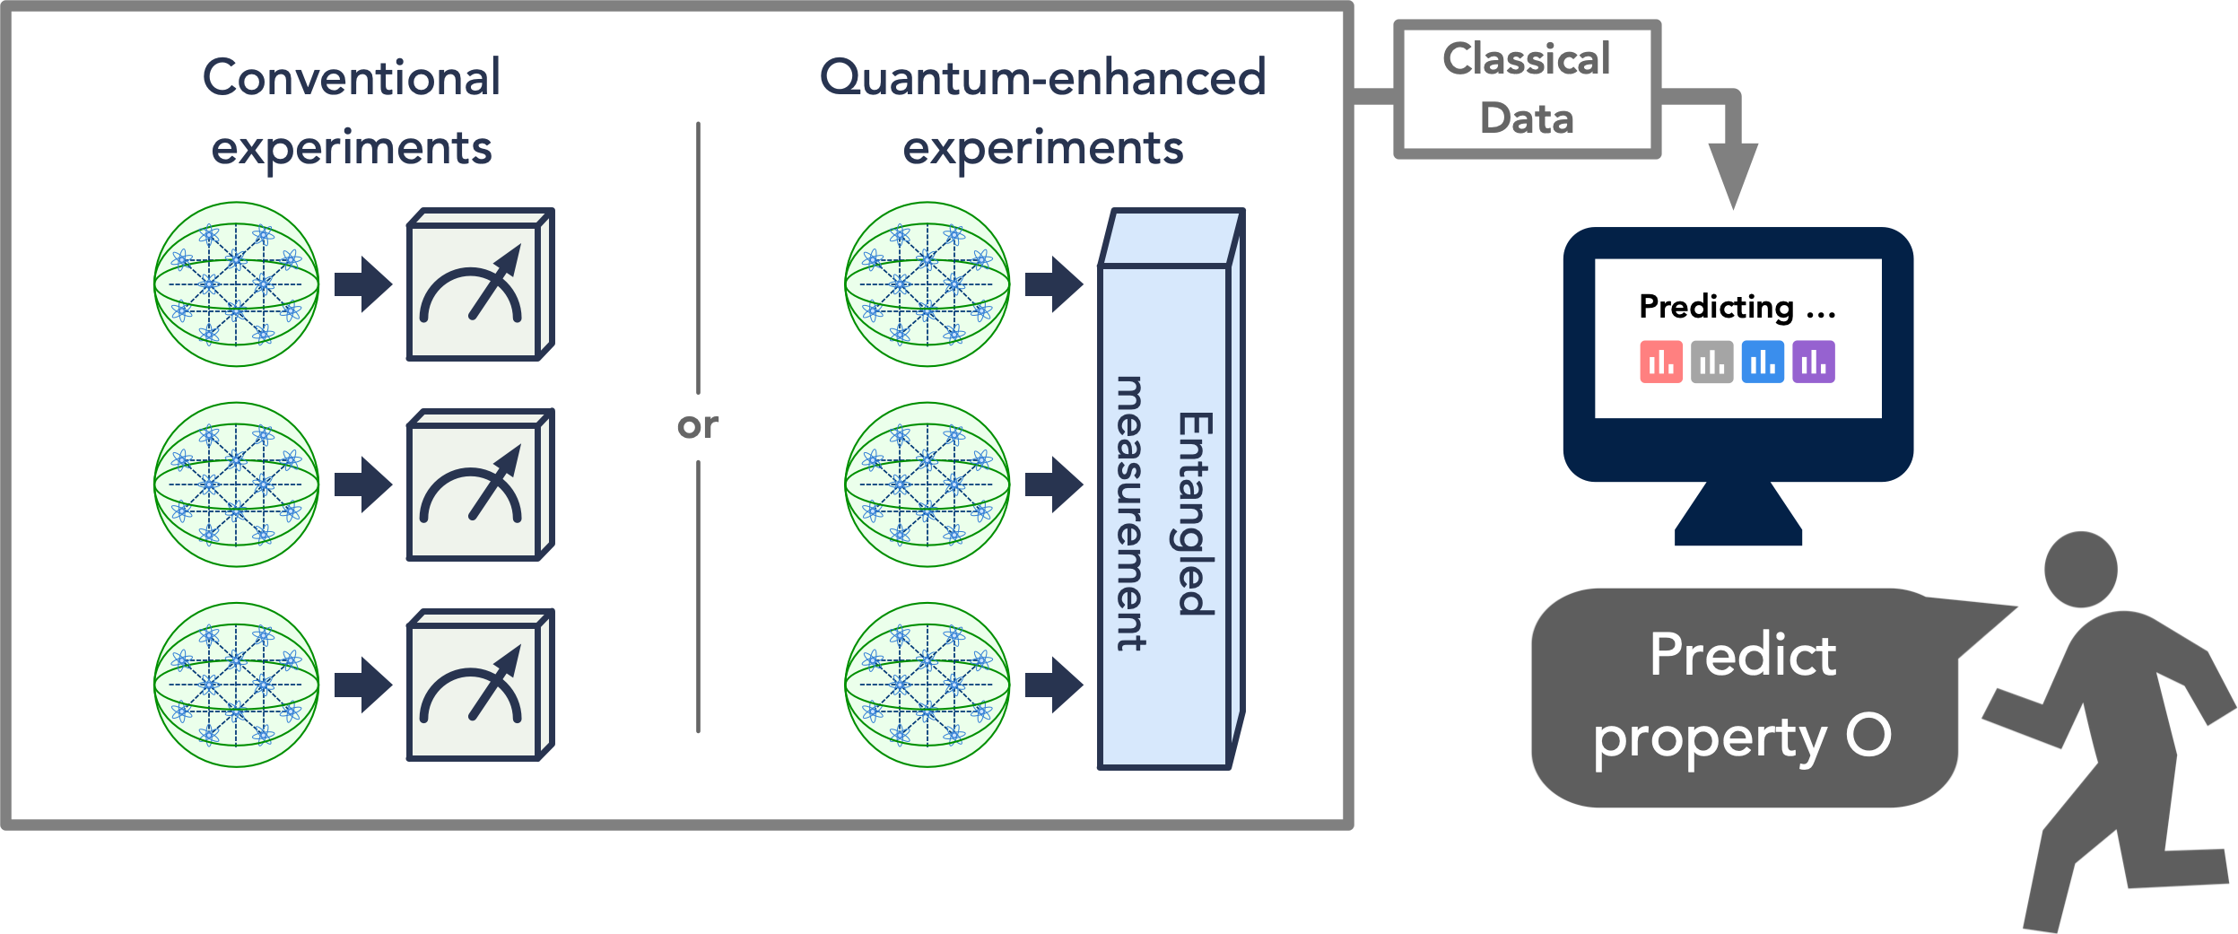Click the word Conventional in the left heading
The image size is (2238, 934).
352,77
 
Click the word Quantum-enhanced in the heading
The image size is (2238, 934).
1043,77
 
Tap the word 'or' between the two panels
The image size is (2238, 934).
698,425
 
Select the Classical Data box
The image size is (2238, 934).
1527,90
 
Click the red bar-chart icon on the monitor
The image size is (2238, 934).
1661,362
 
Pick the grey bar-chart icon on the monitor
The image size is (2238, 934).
1712,362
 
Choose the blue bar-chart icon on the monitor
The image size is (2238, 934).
1763,362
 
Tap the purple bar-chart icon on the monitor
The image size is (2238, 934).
1814,362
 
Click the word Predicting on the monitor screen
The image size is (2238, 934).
1716,308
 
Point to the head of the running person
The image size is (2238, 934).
2081,569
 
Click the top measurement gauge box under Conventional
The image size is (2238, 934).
481,284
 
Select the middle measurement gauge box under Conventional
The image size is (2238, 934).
481,484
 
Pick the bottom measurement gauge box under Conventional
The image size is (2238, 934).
481,685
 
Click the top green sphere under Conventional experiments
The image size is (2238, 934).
237,284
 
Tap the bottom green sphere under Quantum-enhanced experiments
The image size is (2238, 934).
927,685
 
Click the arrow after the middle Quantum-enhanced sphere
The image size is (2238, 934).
1054,484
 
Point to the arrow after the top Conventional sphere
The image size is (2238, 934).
363,284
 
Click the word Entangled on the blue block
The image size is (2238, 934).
1195,514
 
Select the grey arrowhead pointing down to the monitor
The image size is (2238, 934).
1733,176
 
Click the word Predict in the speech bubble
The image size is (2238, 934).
1743,655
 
